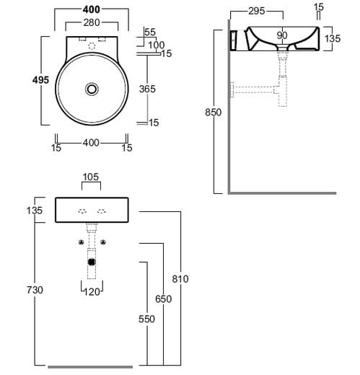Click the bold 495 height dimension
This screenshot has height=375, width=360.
(40, 80)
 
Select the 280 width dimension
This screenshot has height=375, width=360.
(92, 22)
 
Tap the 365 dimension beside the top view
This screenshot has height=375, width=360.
(147, 89)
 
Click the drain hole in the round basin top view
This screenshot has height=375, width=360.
(92, 89)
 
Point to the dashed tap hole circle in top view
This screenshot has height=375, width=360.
(92, 45)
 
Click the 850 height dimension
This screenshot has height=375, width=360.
(213, 112)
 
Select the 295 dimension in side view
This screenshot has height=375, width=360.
(257, 11)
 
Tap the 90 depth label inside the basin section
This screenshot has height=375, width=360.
(282, 35)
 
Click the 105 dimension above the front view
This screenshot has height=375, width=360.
(91, 177)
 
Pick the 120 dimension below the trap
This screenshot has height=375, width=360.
(92, 292)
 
